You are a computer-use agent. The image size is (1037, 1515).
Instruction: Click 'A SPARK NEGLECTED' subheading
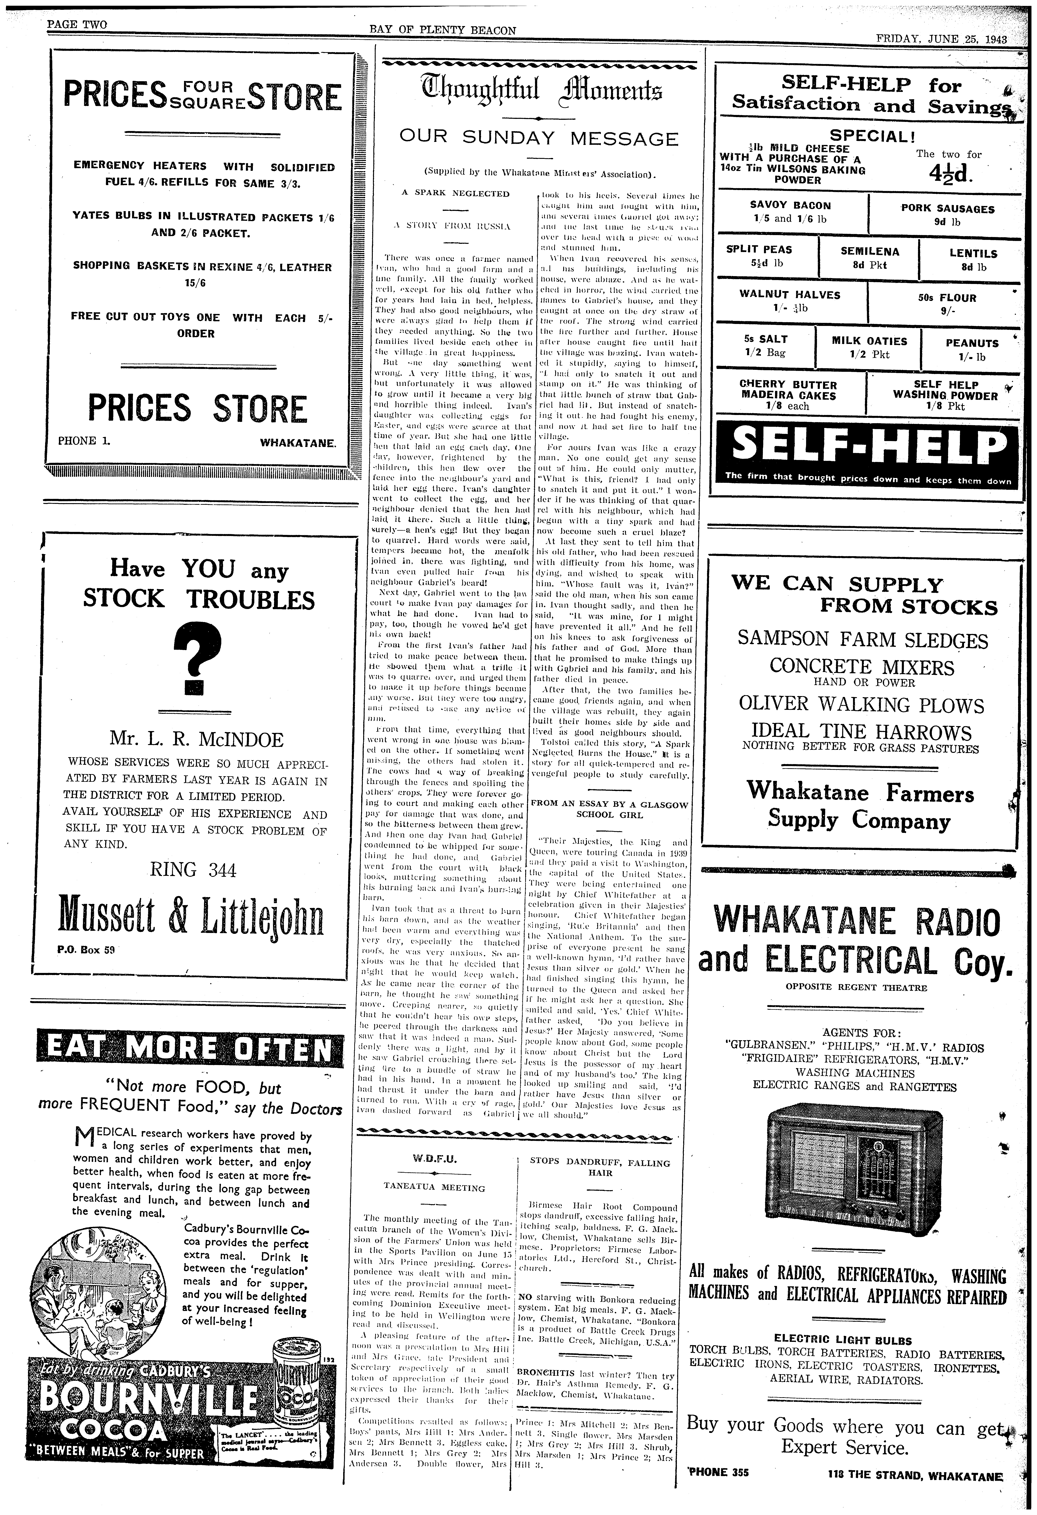pos(455,194)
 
